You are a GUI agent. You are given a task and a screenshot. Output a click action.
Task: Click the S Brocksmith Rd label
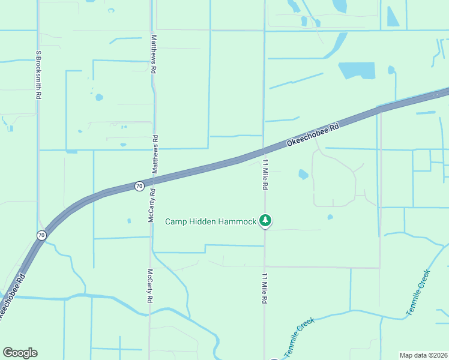click(x=38, y=74)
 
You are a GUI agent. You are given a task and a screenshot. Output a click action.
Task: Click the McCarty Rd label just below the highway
click(x=151, y=206)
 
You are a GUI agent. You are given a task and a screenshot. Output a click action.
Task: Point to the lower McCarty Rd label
click(x=149, y=286)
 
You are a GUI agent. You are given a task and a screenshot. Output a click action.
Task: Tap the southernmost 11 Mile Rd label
click(x=264, y=288)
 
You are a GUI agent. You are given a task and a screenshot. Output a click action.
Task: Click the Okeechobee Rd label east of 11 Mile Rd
click(x=313, y=135)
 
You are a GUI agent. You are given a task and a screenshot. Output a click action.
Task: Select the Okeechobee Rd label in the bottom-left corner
click(x=12, y=298)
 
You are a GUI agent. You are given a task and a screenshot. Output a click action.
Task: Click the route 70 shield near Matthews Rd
click(x=139, y=186)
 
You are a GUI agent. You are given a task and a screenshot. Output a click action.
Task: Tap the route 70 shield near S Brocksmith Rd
click(x=41, y=235)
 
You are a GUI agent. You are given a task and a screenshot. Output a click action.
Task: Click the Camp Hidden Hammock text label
click(x=211, y=221)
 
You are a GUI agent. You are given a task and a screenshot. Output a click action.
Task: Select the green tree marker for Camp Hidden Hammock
click(x=265, y=221)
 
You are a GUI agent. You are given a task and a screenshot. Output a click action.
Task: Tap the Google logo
click(x=20, y=352)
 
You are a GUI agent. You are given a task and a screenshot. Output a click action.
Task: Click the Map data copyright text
click(x=423, y=355)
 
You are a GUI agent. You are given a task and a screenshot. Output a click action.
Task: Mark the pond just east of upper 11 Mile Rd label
click(x=303, y=175)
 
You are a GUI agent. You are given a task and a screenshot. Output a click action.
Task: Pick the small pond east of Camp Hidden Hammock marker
click(x=330, y=217)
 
